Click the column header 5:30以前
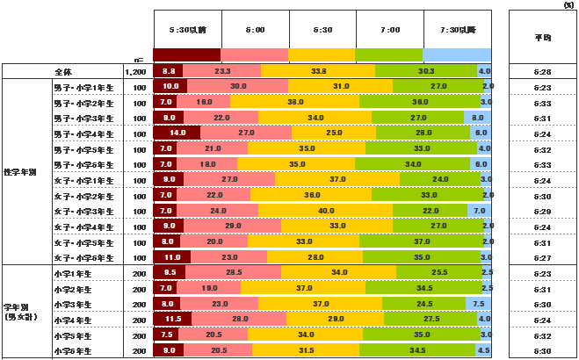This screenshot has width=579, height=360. pyautogui.click(x=187, y=30)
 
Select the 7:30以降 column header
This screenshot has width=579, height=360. pyautogui.click(x=457, y=30)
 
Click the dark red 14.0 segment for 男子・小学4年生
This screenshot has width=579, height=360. pyautogui.click(x=176, y=133)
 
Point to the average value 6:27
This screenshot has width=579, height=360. pyautogui.click(x=542, y=258)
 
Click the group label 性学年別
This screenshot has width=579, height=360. pyautogui.click(x=21, y=172)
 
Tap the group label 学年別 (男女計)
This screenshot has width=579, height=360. pyautogui.click(x=21, y=313)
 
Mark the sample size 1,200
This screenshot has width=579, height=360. pyautogui.click(x=135, y=71)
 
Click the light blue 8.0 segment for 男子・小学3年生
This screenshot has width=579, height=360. pyautogui.click(x=477, y=118)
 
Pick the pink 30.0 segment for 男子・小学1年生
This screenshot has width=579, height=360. pyautogui.click(x=238, y=86)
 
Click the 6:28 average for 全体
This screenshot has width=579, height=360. pyautogui.click(x=542, y=70)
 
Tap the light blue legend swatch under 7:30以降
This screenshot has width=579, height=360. pyautogui.click(x=457, y=54)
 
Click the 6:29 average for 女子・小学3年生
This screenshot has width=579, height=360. pyautogui.click(x=542, y=211)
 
